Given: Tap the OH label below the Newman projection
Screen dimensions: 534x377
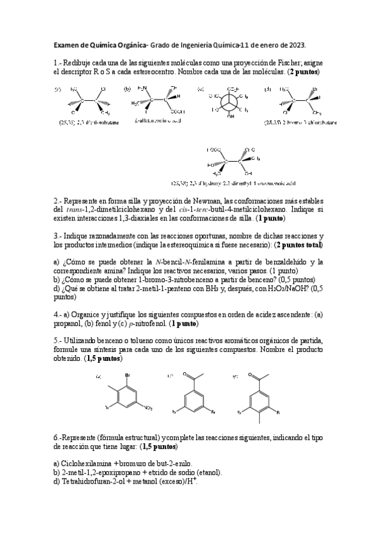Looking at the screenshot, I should click(x=231, y=116).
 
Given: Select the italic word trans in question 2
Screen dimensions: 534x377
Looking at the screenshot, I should click(x=82, y=209).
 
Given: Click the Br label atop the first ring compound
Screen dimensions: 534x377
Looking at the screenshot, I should click(x=128, y=376).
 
